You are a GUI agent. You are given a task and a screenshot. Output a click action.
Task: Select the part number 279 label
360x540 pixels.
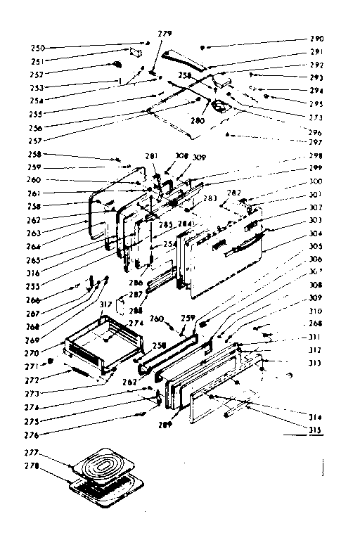tap(164, 33)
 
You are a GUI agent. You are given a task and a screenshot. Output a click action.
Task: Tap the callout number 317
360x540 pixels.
tap(105, 304)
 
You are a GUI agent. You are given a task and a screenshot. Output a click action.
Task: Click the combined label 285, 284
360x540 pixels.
tap(176, 224)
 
